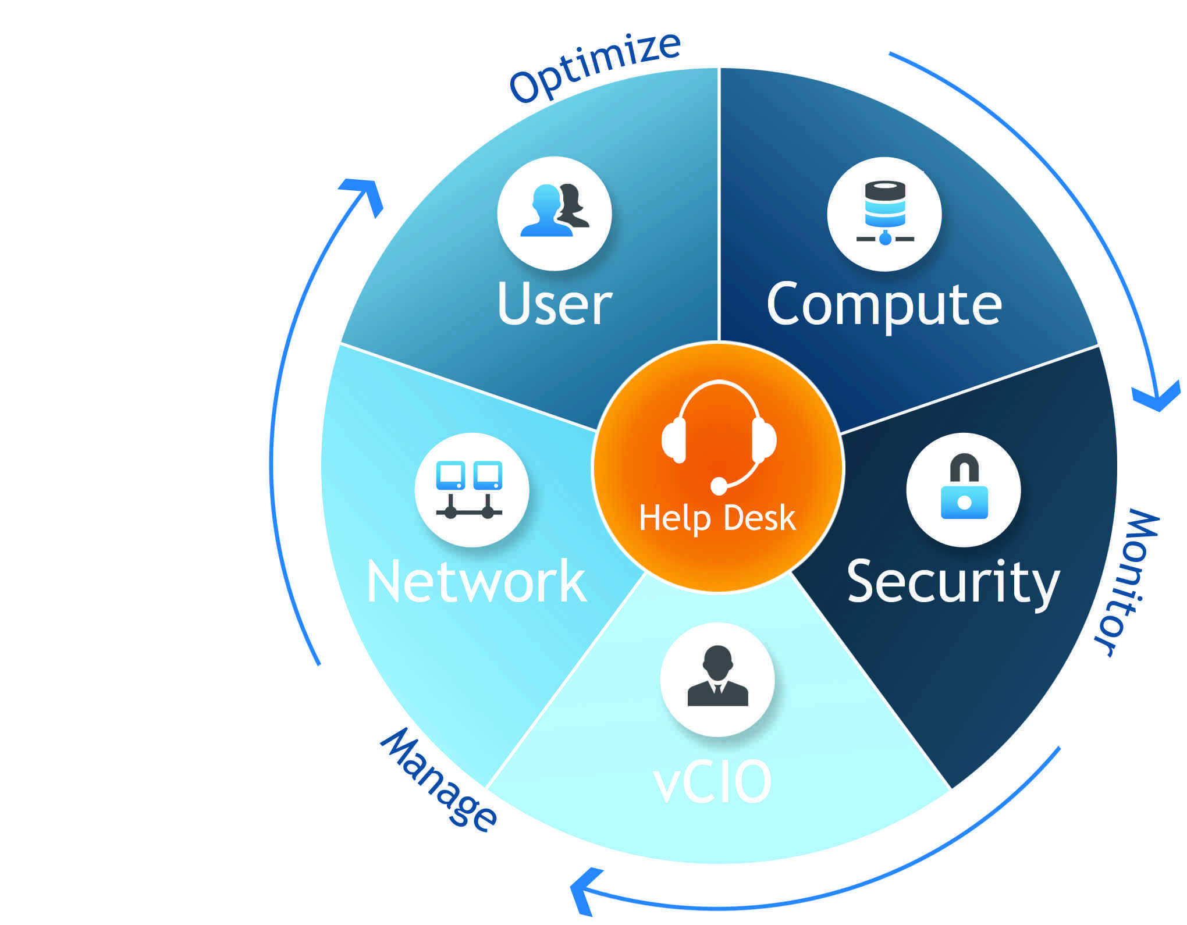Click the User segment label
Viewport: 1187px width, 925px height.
click(555, 305)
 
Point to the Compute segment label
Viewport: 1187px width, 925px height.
click(884, 305)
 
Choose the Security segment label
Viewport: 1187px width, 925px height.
click(953, 582)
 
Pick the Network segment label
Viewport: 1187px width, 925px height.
click(476, 582)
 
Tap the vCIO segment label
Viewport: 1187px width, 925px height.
click(713, 782)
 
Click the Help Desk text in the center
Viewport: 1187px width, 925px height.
click(717, 518)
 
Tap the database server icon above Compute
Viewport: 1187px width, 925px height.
click(884, 212)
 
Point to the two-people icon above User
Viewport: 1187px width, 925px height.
click(554, 211)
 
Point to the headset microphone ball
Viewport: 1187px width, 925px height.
click(719, 485)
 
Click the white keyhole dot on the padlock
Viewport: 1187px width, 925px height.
click(964, 502)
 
